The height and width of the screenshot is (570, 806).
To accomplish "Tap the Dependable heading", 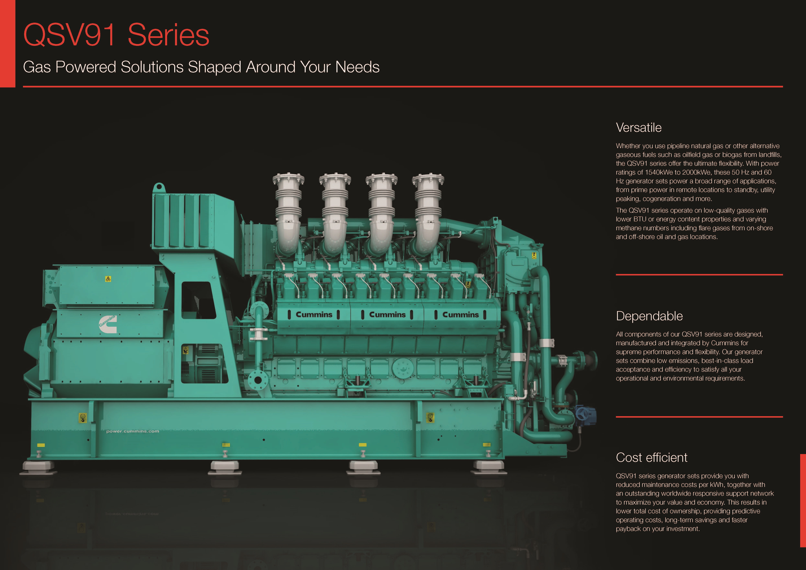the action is click(649, 316).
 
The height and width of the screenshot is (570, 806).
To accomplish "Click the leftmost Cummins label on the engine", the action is click(314, 314).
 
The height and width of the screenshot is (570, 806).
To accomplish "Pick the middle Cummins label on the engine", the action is click(387, 314).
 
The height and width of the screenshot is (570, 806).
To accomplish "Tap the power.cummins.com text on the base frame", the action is click(133, 431).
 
